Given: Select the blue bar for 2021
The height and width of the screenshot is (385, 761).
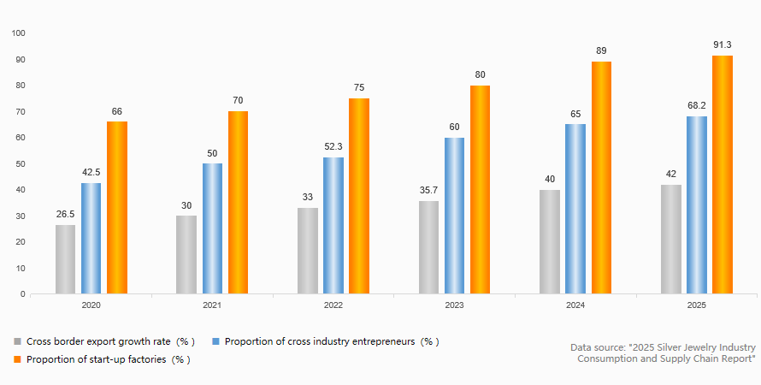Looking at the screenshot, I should [213, 228].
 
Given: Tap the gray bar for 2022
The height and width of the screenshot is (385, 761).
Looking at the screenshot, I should [308, 251].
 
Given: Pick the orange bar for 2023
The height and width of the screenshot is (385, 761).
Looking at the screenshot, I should [480, 190].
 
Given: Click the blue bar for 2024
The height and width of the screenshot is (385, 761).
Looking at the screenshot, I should [575, 209].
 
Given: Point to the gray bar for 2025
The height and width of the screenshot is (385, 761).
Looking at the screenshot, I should [671, 240].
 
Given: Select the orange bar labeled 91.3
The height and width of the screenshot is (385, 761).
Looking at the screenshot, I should [723, 175].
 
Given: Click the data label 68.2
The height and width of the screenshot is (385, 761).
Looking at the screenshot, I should [697, 105].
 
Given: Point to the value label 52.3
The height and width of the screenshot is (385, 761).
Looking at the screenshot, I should [333, 146].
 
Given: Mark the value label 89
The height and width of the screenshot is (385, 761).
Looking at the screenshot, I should [601, 50].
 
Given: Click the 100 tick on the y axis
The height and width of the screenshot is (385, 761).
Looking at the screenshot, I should [19, 33].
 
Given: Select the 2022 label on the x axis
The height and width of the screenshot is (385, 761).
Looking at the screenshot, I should [333, 305].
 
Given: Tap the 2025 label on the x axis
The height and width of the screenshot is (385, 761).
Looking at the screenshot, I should [697, 305].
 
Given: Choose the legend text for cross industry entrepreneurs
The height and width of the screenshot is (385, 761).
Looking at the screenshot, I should [332, 341].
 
